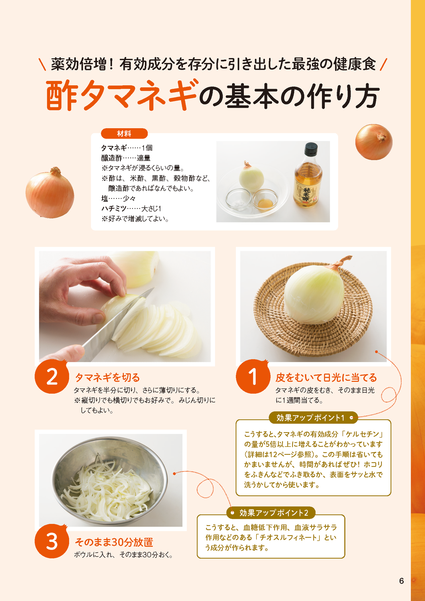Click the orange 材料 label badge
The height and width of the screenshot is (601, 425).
[124, 134]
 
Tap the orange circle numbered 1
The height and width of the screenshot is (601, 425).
[253, 376]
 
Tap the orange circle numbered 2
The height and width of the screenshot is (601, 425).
[52, 376]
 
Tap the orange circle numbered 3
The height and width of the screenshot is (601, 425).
[52, 541]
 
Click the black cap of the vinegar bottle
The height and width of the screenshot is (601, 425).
[311, 149]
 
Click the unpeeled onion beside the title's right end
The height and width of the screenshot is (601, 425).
[374, 142]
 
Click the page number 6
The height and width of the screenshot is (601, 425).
[401, 581]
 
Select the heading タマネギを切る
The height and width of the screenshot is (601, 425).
[107, 377]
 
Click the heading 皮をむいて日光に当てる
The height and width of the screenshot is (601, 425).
[326, 377]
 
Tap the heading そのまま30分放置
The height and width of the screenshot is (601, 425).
[114, 542]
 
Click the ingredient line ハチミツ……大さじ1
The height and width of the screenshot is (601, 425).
[131, 209]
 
